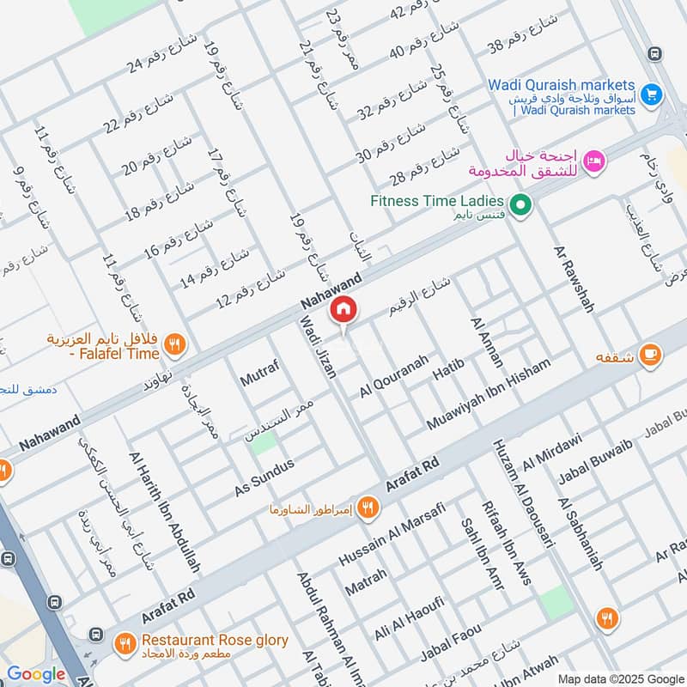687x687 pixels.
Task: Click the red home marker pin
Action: click(343, 310)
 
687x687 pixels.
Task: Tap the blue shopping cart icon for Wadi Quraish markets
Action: click(651, 93)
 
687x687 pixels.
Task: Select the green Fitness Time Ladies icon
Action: click(520, 205)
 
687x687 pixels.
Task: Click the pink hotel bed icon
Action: click(593, 161)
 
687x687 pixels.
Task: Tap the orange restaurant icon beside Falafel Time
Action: click(174, 344)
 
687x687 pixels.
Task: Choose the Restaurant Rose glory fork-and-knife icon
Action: click(125, 641)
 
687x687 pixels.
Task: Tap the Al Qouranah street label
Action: click(394, 376)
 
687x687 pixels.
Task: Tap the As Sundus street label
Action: click(264, 477)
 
